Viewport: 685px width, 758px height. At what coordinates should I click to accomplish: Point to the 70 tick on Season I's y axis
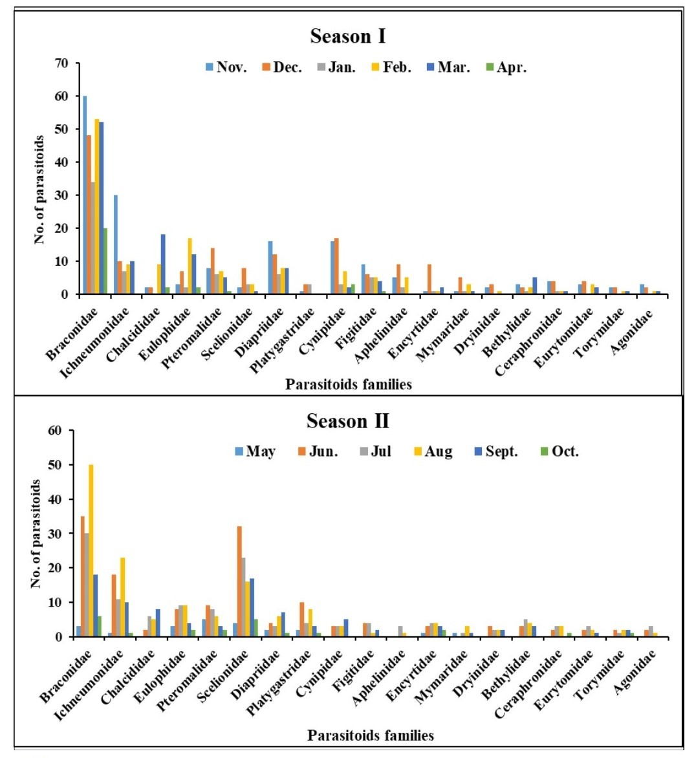pos(61,63)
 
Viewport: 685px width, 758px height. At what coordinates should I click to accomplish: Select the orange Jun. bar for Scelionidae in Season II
pos(239,581)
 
